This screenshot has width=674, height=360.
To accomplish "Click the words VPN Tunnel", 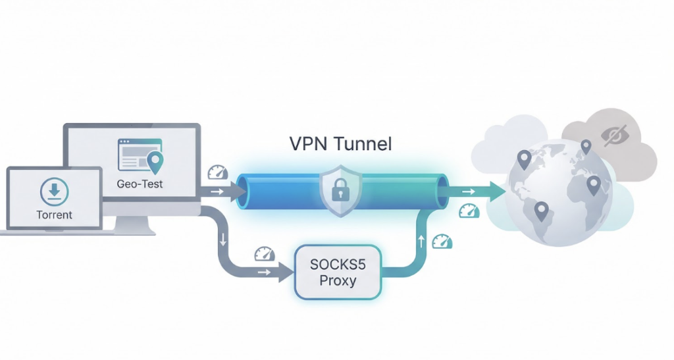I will [340, 144].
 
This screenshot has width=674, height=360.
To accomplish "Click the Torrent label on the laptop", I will [55, 215].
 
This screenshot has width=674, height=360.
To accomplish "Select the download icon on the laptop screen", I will [54, 192].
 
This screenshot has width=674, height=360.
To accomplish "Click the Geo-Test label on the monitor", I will [140, 184].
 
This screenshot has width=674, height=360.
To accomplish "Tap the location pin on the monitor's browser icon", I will [155, 160].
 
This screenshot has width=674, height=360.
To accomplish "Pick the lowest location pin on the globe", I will [541, 210].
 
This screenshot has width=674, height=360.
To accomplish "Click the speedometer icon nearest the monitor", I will [217, 172].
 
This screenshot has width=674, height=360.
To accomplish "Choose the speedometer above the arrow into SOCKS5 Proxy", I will [264, 253].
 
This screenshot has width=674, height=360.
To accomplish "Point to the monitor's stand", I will [135, 224].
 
